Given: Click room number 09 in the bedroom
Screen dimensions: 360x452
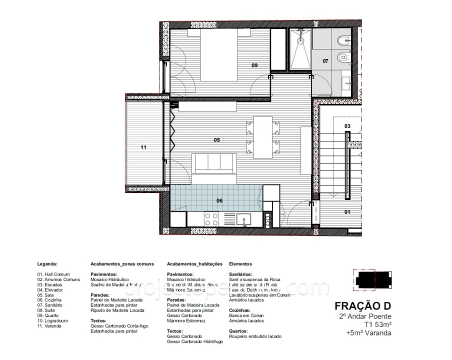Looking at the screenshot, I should click(254, 65).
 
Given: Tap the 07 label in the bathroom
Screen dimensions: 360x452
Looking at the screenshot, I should click(325, 61).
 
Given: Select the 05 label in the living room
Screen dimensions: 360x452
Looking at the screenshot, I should click(217, 140).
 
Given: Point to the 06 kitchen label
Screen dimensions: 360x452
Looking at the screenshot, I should click(219, 201).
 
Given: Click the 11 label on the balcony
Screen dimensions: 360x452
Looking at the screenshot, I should click(143, 147).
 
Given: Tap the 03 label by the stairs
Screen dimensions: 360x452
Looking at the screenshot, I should click(347, 126).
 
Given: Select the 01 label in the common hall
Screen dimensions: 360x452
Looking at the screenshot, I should click(347, 211).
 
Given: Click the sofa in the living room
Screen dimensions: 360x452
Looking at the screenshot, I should click(214, 163).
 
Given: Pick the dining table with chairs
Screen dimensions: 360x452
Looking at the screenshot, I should click(262, 136).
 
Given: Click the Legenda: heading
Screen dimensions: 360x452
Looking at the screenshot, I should click(47, 263).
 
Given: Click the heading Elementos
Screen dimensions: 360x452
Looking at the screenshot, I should click(240, 263).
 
